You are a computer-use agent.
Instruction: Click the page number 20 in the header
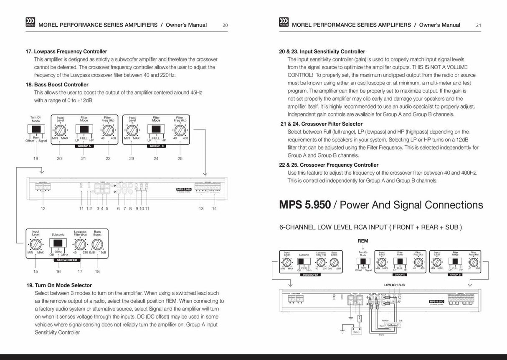click(x=225, y=25)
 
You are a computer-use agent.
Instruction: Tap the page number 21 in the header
click(x=479, y=25)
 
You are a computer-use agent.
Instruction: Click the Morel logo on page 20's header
click(x=31, y=23)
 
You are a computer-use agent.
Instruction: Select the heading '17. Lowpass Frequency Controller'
click(x=66, y=51)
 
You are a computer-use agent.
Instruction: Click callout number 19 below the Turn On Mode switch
click(x=36, y=158)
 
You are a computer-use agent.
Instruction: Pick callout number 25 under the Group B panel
click(x=180, y=158)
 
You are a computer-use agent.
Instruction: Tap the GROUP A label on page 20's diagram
click(x=84, y=146)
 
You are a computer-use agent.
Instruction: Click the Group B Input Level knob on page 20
click(x=132, y=129)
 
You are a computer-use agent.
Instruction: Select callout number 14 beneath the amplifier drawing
click(x=214, y=208)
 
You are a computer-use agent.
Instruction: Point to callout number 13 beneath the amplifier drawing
click(x=201, y=208)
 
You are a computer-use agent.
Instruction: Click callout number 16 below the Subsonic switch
click(x=58, y=271)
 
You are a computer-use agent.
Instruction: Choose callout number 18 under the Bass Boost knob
click(x=97, y=271)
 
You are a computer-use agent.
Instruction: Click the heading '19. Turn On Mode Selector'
click(x=59, y=285)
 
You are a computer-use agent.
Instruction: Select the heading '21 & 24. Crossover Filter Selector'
click(x=322, y=124)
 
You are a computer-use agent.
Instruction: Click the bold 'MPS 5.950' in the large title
click(x=305, y=205)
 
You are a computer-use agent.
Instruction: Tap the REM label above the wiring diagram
click(x=363, y=241)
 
